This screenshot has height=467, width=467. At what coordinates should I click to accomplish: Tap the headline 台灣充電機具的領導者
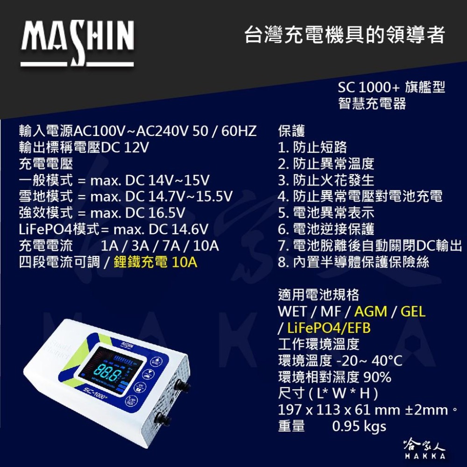tap(345, 35)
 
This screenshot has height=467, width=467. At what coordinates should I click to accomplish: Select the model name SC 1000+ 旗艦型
tap(391, 87)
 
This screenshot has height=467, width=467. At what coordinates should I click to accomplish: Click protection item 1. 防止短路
tap(312, 148)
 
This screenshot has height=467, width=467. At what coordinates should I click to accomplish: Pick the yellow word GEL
tap(413, 311)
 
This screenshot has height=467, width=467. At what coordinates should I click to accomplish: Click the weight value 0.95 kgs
tap(359, 426)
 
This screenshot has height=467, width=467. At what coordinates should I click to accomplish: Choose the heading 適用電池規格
tap(318, 295)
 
